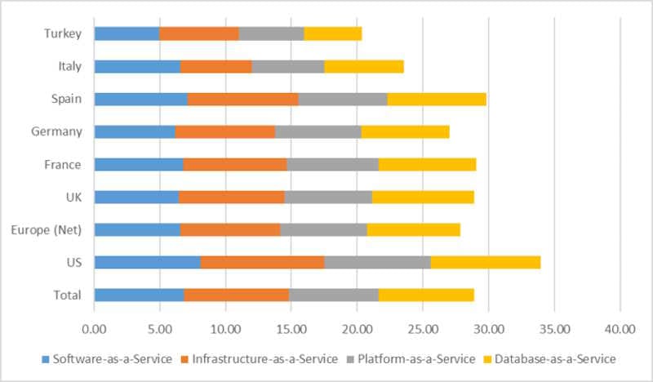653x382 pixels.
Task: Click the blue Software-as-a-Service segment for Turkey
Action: coord(127,33)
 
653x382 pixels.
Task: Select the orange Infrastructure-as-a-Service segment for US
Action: coord(262,262)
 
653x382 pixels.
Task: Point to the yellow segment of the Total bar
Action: coord(426,295)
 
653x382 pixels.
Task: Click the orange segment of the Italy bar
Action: coord(215,66)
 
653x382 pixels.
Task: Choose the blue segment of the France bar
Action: coord(139,164)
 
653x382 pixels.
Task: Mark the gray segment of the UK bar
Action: coord(328,197)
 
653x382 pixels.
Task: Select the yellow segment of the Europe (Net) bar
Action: coord(413,229)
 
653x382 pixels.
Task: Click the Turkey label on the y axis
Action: coord(64,33)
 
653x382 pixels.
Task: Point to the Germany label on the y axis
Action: coord(58,131)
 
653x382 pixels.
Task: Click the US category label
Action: coord(73,262)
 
